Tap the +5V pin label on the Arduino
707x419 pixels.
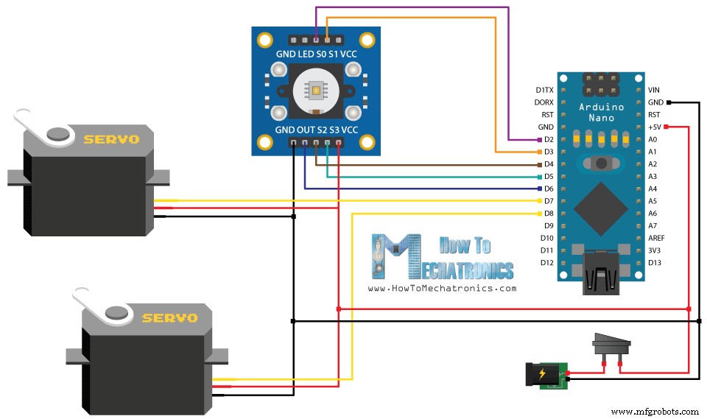pyautogui.click(x=655, y=127)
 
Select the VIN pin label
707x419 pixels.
pyautogui.click(x=654, y=90)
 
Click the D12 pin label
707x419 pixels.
pyautogui.click(x=546, y=263)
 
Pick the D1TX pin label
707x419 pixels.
pyautogui.click(x=544, y=90)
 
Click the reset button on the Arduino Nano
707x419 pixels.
pyautogui.click(x=602, y=163)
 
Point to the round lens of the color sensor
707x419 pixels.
pyautogui.click(x=316, y=91)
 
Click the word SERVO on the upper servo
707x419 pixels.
pyautogui.click(x=111, y=139)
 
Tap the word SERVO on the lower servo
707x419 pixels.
pyautogui.click(x=169, y=318)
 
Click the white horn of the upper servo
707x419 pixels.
pyautogui.click(x=41, y=124)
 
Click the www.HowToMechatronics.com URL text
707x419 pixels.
pyautogui.click(x=442, y=288)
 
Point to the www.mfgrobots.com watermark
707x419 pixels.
pyautogui.click(x=655, y=412)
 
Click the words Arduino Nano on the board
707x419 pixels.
pyautogui.click(x=602, y=113)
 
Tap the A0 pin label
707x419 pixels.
pyautogui.click(x=653, y=139)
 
